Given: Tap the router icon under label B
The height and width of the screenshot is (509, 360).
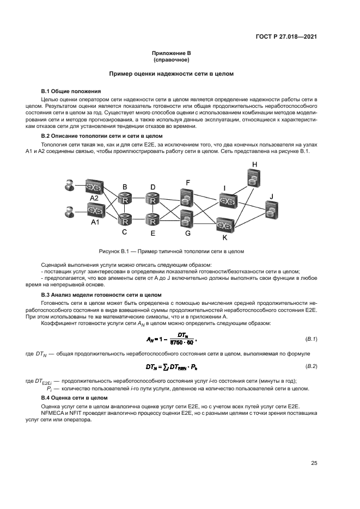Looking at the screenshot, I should pyautogui.click(x=125, y=199).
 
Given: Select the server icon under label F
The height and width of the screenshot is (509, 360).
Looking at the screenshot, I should pyautogui.click(x=187, y=198).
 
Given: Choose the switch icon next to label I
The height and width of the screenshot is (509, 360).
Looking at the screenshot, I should pyautogui.click(x=224, y=201).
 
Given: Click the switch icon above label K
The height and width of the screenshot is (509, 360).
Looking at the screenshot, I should pyautogui.click(x=224, y=224).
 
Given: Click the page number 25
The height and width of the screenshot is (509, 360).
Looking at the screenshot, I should pyautogui.click(x=314, y=463).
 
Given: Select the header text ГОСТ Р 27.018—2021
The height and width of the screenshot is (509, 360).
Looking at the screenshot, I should pyautogui.click(x=286, y=37).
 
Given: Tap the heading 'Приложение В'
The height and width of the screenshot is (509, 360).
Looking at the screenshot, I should pyautogui.click(x=172, y=53).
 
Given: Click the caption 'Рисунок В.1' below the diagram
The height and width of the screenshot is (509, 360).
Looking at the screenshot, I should pyautogui.click(x=171, y=252).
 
